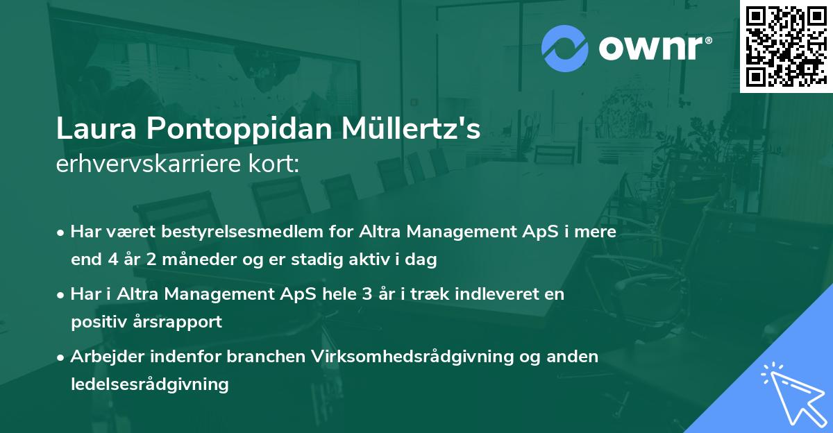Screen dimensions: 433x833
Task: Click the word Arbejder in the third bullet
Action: click(105, 356)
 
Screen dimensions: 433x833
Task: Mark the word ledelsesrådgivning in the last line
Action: click(149, 384)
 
